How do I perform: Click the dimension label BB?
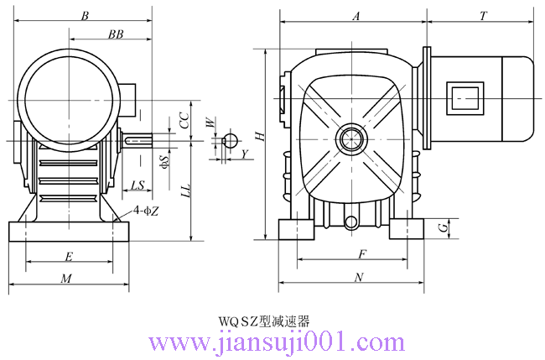pyautogui.click(x=116, y=34)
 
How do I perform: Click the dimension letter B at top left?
pyautogui.click(x=85, y=16)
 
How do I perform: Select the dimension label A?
pyautogui.click(x=356, y=16)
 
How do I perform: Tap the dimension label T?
pyautogui.click(x=484, y=16)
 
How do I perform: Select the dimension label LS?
pyautogui.click(x=138, y=185)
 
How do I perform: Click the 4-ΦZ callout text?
pyautogui.click(x=147, y=211)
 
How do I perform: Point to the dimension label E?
pyautogui.click(x=69, y=257)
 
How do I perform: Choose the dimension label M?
pyautogui.click(x=66, y=279)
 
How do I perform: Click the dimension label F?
pyautogui.click(x=362, y=254)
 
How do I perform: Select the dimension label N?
pyautogui.click(x=359, y=277)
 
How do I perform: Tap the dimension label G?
pyautogui.click(x=443, y=228)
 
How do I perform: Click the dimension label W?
pyautogui.click(x=210, y=123)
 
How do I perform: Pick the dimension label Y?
pyautogui.click(x=245, y=154)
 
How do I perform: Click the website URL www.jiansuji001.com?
pyautogui.click(x=277, y=342)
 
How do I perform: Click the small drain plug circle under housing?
pyautogui.click(x=351, y=222)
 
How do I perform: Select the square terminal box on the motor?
pyautogui.click(x=465, y=98)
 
